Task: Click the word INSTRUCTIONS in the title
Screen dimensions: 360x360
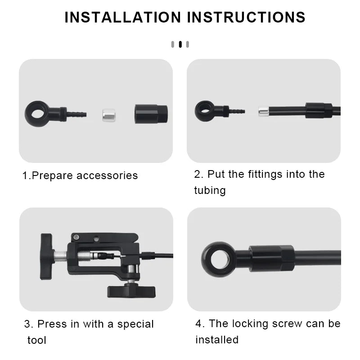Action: tap(246, 17)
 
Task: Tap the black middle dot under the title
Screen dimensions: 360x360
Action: tap(180, 44)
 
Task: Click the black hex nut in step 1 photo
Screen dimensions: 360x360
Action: tap(151, 113)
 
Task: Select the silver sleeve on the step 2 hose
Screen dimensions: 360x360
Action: tap(264, 111)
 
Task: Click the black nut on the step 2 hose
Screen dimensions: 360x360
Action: tap(318, 110)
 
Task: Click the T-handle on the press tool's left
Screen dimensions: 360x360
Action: tap(46, 256)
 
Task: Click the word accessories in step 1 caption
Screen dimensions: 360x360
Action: tap(107, 175)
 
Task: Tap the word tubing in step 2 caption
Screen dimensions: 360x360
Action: tap(210, 190)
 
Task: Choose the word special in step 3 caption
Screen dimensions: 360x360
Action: tap(133, 324)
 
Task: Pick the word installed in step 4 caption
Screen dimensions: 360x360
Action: tap(216, 340)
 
